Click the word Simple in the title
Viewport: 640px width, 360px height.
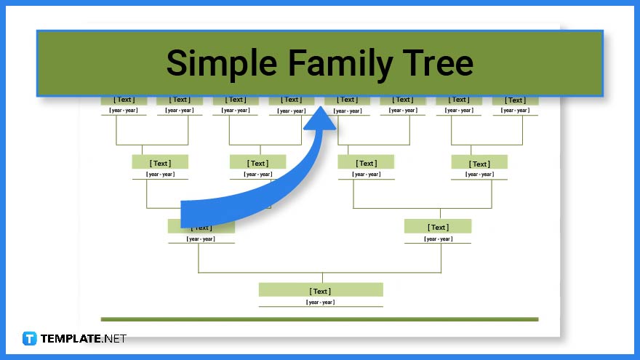click(219, 63)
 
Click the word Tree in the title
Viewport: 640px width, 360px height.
click(436, 63)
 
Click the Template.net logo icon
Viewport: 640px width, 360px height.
click(30, 338)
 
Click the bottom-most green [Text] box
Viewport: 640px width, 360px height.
click(321, 290)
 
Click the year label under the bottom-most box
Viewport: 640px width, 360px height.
click(321, 302)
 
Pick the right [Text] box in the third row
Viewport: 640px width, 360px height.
click(438, 227)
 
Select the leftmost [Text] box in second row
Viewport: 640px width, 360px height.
click(160, 163)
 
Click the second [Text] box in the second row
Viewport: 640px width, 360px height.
click(257, 163)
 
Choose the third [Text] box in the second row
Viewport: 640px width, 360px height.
click(367, 163)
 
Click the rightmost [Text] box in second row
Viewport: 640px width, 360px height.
click(479, 163)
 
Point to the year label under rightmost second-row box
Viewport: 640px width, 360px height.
click(479, 175)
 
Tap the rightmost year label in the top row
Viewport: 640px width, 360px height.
click(515, 111)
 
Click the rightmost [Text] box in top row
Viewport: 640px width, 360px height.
click(516, 100)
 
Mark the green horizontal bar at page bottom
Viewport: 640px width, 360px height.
click(319, 319)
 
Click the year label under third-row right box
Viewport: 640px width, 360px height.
click(438, 239)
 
